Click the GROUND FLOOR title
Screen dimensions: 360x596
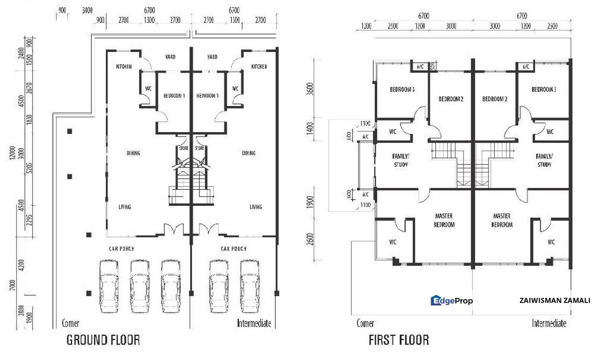click(x=103, y=341)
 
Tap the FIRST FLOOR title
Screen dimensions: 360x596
click(x=398, y=341)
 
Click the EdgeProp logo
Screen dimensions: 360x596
click(x=452, y=300)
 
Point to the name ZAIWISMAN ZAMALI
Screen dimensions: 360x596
click(x=555, y=300)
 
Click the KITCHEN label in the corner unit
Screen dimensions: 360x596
click(x=123, y=66)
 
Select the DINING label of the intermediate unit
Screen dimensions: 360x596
click(x=249, y=153)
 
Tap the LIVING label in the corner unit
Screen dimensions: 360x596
click(x=124, y=206)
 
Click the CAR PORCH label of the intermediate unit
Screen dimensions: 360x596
click(x=233, y=248)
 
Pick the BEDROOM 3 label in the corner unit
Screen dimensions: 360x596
click(x=402, y=89)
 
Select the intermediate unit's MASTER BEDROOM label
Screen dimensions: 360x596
click(x=501, y=220)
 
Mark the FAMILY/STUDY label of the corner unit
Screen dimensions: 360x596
click(x=400, y=160)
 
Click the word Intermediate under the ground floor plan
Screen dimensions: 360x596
click(x=254, y=323)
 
